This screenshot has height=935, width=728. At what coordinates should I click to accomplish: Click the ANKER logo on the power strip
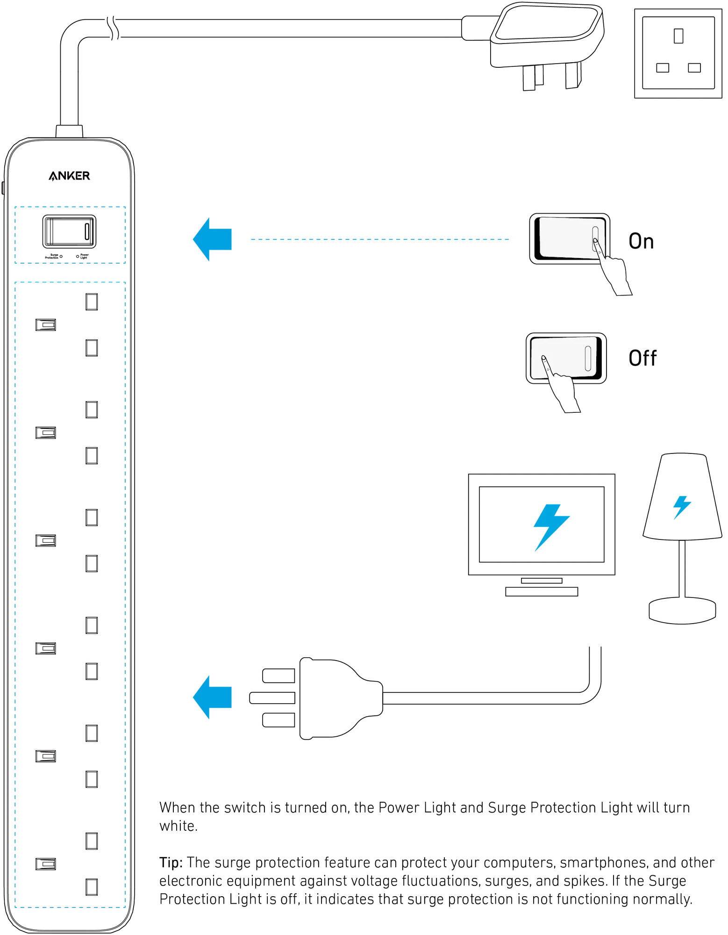(x=69, y=176)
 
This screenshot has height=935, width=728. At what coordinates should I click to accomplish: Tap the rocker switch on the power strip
(x=69, y=231)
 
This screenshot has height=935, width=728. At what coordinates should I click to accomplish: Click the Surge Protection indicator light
(x=61, y=257)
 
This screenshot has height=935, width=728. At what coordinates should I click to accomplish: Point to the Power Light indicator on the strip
(x=78, y=257)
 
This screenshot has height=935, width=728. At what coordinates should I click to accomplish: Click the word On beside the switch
(x=641, y=241)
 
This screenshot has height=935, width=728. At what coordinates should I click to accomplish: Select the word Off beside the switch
(x=642, y=358)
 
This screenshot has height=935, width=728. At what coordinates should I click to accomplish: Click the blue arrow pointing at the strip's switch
(x=212, y=239)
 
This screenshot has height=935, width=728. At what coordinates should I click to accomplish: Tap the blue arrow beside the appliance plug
(x=212, y=698)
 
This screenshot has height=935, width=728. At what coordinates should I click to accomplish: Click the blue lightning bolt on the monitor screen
(x=551, y=527)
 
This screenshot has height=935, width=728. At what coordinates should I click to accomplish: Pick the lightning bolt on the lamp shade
(x=682, y=507)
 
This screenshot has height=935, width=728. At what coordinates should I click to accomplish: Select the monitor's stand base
(x=542, y=591)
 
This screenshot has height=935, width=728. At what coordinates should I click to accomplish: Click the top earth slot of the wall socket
(x=678, y=36)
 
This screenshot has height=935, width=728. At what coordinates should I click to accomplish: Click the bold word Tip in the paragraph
(x=171, y=863)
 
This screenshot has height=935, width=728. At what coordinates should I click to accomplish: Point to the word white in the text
(x=178, y=826)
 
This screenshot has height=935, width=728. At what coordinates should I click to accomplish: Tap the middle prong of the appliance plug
(x=272, y=698)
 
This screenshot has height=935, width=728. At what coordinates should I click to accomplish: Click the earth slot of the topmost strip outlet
(x=46, y=325)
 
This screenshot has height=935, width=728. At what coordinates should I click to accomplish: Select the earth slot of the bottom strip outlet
(x=46, y=864)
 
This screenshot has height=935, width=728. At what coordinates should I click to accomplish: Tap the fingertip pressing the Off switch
(x=543, y=358)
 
